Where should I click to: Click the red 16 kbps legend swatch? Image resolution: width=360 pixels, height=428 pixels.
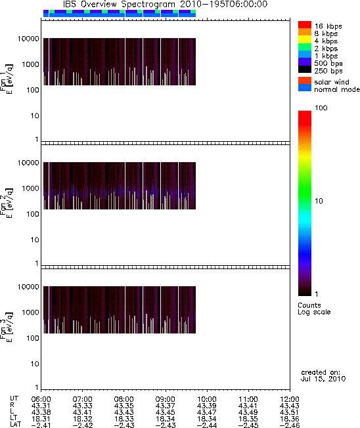pos(305,24)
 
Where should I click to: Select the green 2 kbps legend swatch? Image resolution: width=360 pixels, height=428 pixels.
pos(305,47)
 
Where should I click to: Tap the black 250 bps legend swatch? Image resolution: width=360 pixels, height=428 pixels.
pos(305,70)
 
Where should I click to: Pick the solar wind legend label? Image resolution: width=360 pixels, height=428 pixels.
pos(332,82)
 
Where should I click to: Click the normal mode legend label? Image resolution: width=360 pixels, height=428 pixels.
pos(337,89)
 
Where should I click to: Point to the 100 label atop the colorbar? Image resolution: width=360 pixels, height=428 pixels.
pos(321,108)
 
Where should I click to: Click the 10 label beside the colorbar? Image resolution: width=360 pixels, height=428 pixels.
pos(319,201)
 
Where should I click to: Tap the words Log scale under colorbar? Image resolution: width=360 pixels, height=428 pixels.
pos(314,312)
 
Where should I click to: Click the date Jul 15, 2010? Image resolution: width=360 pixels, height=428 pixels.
pos(323,379)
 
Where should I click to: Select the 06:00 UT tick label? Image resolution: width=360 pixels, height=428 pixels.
pos(41,399)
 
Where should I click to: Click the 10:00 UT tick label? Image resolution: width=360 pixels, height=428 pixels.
pos(207,399)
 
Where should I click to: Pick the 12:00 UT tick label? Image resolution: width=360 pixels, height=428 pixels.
pos(290,399)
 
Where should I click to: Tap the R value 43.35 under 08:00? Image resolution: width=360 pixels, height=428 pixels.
pos(124,406)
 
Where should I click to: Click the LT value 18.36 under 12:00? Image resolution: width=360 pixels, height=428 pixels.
pos(290,419)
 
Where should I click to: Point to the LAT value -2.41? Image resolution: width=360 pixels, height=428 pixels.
pos(41,425)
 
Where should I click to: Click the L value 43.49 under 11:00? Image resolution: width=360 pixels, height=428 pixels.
pos(248,412)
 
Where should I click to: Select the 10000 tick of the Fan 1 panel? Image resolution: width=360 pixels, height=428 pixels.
pos(28,39)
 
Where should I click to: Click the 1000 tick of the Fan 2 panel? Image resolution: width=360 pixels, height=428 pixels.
pos(31,188)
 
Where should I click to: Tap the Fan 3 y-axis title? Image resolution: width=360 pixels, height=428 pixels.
pos(6,327)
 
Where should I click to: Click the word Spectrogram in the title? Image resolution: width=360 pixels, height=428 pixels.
pos(148,5)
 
